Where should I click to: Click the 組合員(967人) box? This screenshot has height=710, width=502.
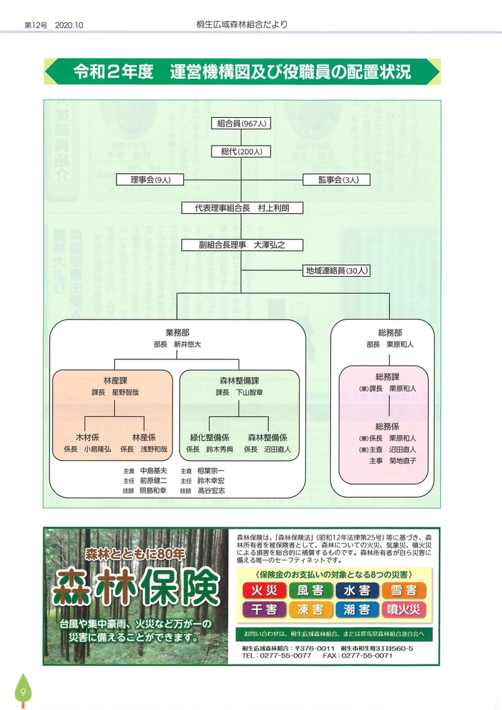(241, 124)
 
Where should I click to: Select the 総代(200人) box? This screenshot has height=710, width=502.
(241, 151)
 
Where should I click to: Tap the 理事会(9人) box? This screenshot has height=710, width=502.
(151, 180)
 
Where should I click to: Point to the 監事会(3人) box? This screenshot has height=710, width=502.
(332, 180)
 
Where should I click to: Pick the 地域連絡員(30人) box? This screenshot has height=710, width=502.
(332, 271)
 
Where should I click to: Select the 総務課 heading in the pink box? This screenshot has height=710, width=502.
(388, 377)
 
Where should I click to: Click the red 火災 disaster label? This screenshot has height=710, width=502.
(265, 591)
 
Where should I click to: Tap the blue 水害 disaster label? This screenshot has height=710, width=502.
(357, 591)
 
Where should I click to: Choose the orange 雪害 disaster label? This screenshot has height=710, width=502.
(403, 591)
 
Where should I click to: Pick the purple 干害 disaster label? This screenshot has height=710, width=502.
(265, 610)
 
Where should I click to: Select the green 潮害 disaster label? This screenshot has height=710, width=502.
(357, 610)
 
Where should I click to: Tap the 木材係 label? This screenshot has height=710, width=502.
(87, 437)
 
